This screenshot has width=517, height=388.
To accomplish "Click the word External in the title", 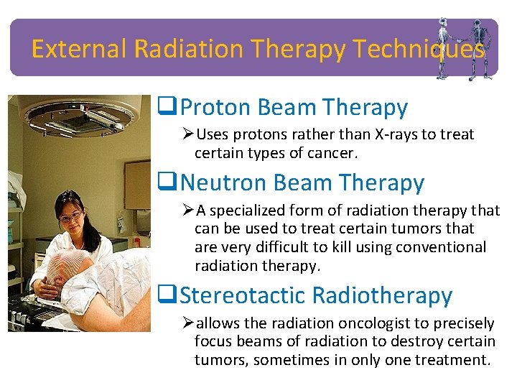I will click(80, 49).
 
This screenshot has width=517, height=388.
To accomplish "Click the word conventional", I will click(442, 247).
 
